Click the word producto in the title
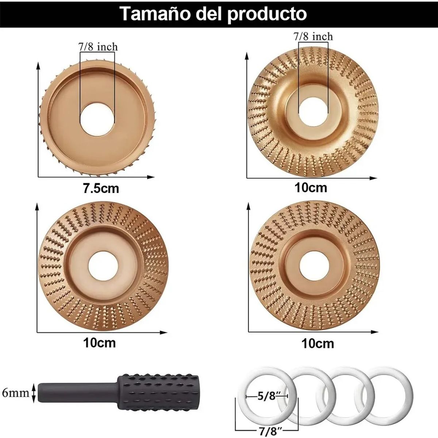[269, 14]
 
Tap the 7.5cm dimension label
[101, 189]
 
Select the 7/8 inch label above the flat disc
[98, 47]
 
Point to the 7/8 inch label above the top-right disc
[313, 36]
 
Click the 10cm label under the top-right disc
[311, 188]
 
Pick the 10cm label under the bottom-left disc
[99, 343]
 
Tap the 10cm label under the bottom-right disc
[318, 343]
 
